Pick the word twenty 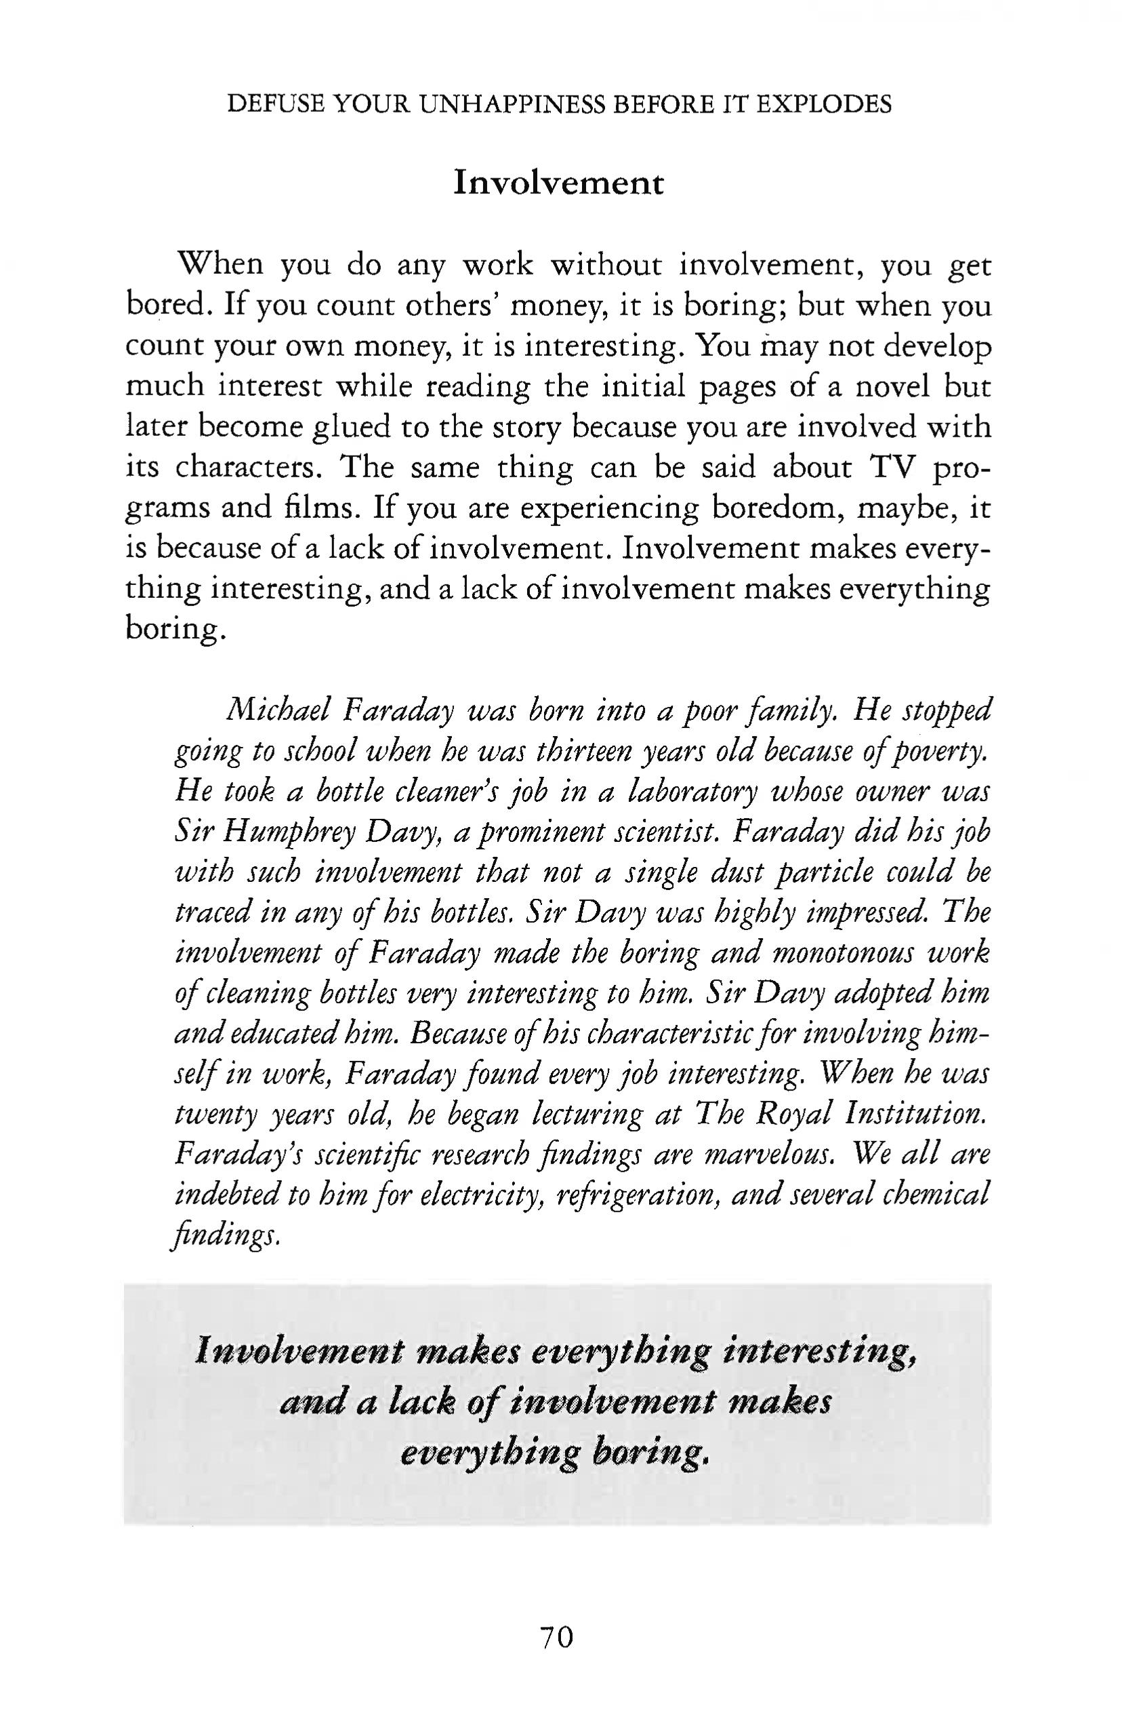pyautogui.click(x=215, y=1115)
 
